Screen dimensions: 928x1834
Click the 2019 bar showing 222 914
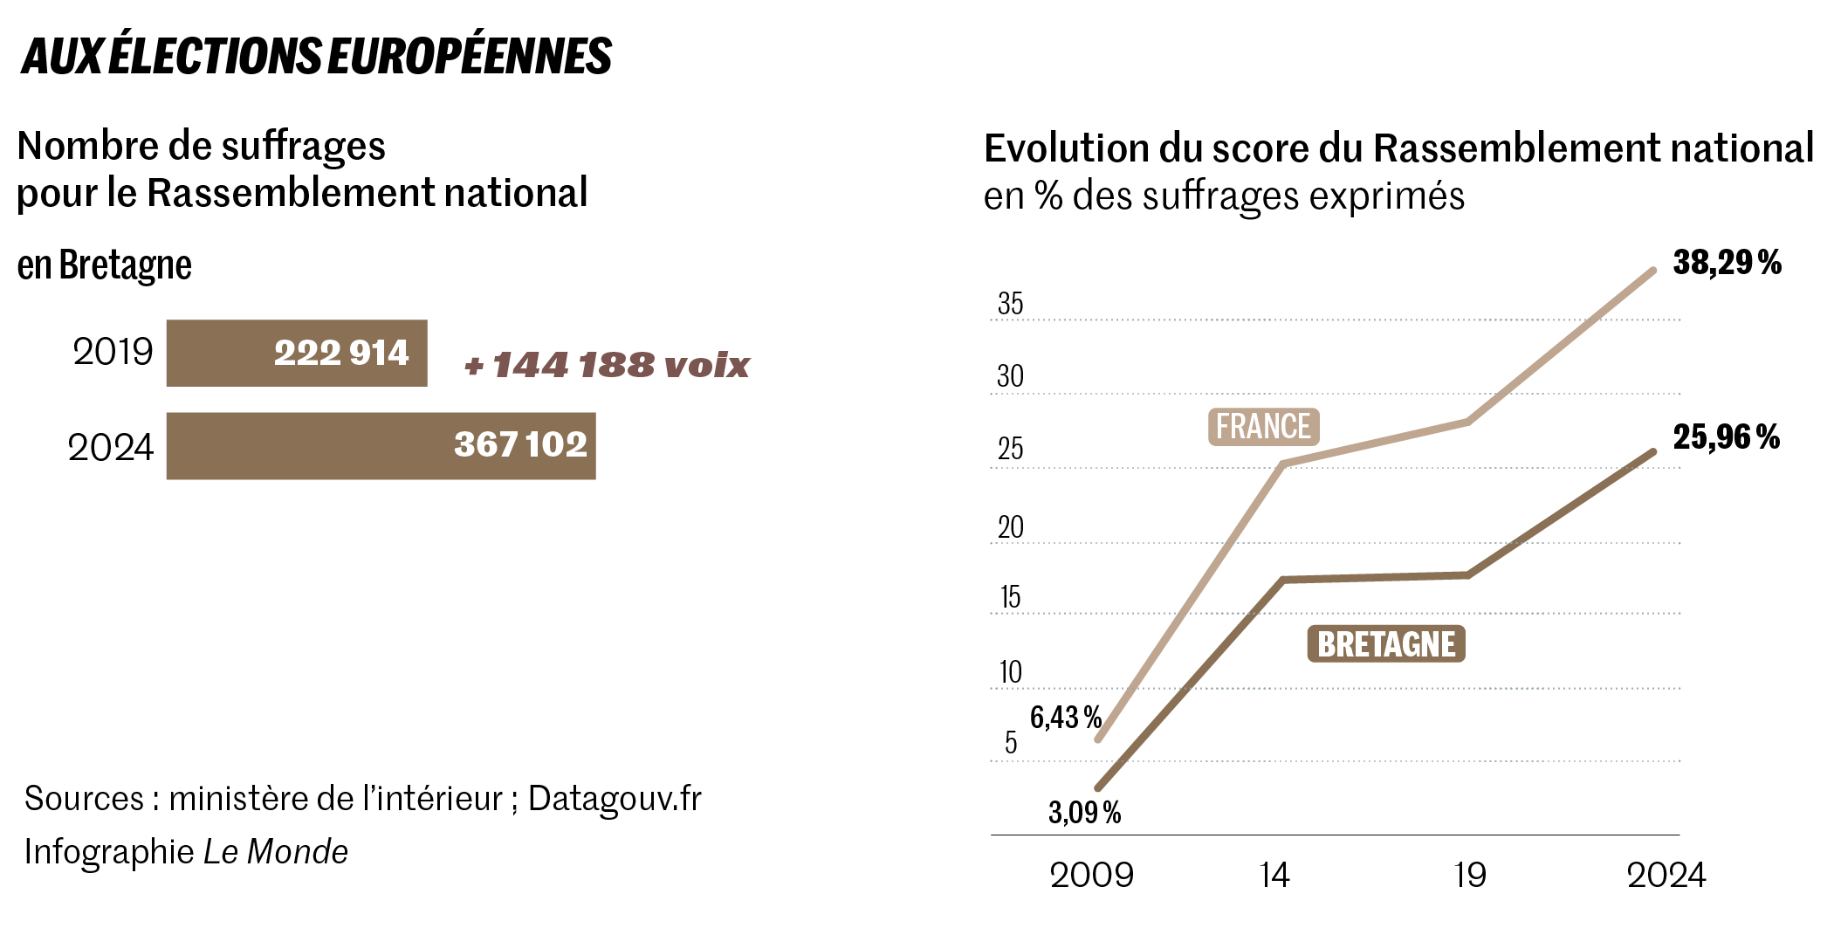pyautogui.click(x=297, y=353)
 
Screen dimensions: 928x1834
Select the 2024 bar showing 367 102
pyautogui.click(x=381, y=445)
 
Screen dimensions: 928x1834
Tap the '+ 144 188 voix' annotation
pyautogui.click(x=608, y=365)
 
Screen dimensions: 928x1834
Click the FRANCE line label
pyautogui.click(x=1263, y=427)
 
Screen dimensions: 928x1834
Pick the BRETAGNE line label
pyautogui.click(x=1385, y=644)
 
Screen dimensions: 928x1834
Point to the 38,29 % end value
pyautogui.click(x=1727, y=263)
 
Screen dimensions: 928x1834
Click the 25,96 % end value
pyautogui.click(x=1726, y=437)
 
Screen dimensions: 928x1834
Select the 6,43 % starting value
pyautogui.click(x=1065, y=718)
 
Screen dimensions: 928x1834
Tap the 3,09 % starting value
pyautogui.click(x=1084, y=813)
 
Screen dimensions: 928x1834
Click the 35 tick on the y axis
pyautogui.click(x=1010, y=304)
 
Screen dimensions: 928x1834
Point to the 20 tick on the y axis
pyautogui.click(x=1010, y=527)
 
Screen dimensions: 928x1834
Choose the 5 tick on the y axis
pyautogui.click(x=1011, y=742)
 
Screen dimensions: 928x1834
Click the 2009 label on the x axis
pyautogui.click(x=1091, y=875)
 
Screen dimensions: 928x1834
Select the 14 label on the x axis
pyautogui.click(x=1274, y=875)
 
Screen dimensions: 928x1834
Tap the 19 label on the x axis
pyautogui.click(x=1470, y=875)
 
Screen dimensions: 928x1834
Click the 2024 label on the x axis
pyautogui.click(x=1666, y=875)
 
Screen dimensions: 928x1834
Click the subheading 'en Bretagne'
pyautogui.click(x=104, y=265)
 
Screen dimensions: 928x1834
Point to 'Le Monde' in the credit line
pyautogui.click(x=276, y=852)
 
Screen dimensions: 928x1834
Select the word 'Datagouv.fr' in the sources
pyautogui.click(x=615, y=799)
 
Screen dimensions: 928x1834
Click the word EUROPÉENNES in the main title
pyautogui.click(x=470, y=56)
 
